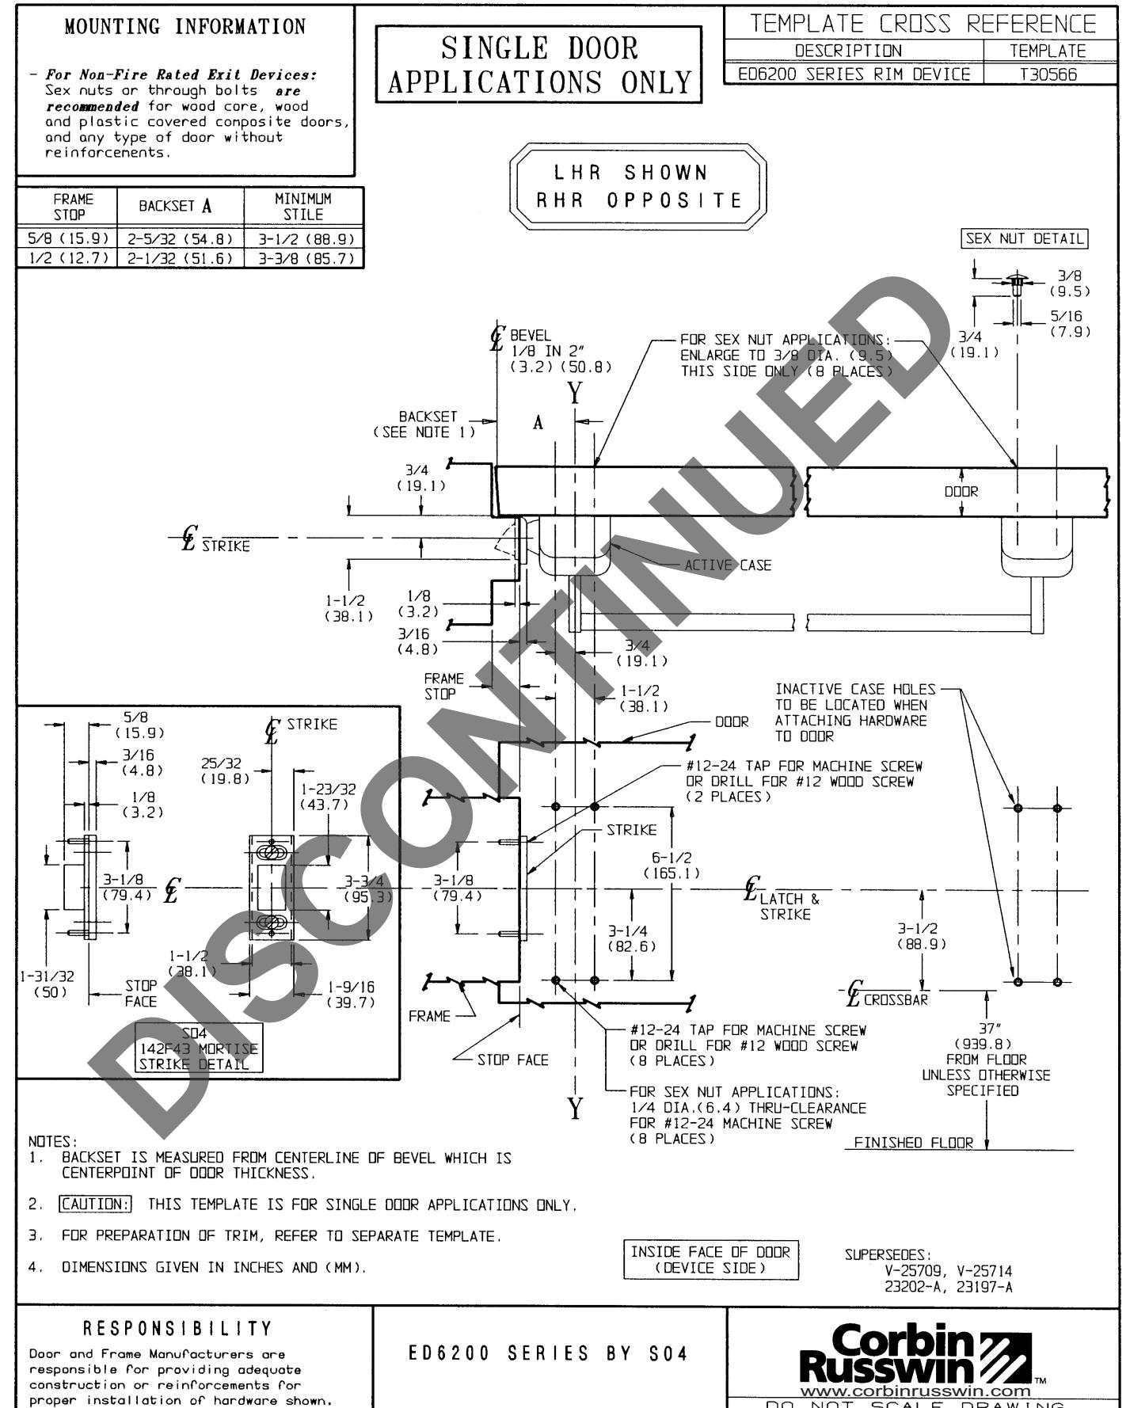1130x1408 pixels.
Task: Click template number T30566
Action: click(1048, 74)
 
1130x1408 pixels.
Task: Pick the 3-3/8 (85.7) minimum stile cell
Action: click(305, 258)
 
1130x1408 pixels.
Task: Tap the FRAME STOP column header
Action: click(68, 207)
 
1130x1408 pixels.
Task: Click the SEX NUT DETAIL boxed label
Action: click(1024, 238)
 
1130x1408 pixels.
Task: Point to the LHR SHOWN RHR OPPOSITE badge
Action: click(638, 187)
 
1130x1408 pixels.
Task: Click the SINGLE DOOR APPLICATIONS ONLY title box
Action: click(539, 65)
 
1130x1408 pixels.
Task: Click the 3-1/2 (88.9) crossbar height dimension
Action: click(921, 936)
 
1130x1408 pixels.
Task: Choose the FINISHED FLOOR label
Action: click(913, 1143)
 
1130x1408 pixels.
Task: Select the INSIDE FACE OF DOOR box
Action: click(710, 1259)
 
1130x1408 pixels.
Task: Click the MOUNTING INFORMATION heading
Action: click(185, 27)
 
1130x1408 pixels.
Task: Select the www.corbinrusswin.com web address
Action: click(915, 1391)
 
